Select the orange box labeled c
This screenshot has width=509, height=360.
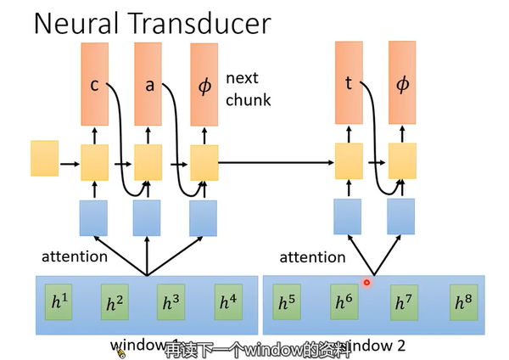pos(95,84)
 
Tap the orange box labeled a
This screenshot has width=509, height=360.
pos(148,84)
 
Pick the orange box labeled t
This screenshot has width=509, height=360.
pos(349,84)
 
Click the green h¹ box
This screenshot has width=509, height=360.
pos(59,301)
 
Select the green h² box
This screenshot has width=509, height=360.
pos(115,301)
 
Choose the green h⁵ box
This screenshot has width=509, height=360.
pos(287,301)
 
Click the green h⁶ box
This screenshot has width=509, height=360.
pos(344,301)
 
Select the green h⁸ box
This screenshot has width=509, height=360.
pos(462,301)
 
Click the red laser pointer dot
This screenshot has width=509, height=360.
pos(367,283)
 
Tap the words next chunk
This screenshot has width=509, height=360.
pos(248,89)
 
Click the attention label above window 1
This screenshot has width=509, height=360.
pos(75,256)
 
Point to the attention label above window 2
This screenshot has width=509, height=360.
pos(313,257)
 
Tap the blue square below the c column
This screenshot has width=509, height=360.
pos(95,217)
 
